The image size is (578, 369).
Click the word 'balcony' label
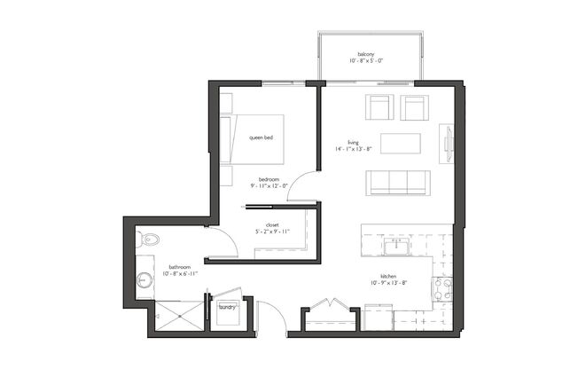tap(365, 53)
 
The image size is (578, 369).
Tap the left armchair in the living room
tap(380, 107)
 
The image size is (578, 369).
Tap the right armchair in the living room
tap(414, 107)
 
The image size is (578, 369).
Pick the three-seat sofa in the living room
tap(398, 182)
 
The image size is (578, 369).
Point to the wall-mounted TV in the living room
tap(448, 144)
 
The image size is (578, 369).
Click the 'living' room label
tap(353, 142)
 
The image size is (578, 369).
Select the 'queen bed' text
tap(261, 137)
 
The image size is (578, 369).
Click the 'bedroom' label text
tap(269, 179)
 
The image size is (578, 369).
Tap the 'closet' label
tap(272, 225)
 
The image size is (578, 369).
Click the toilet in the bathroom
tap(149, 239)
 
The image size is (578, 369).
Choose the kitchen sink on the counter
tap(395, 242)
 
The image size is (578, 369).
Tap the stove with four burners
tap(441, 289)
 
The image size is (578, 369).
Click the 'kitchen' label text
tap(388, 277)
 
